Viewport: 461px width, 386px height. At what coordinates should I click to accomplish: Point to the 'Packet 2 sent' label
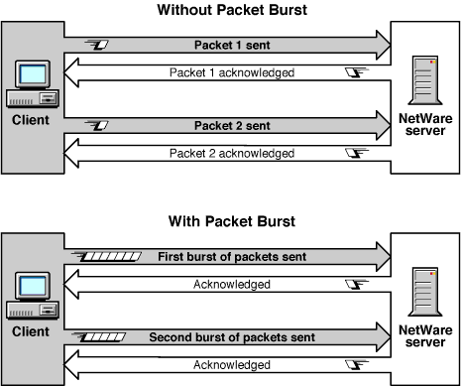227,127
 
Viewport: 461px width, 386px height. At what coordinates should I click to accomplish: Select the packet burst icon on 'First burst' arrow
106,257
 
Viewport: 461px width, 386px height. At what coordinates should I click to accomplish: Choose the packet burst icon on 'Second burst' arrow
106,337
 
